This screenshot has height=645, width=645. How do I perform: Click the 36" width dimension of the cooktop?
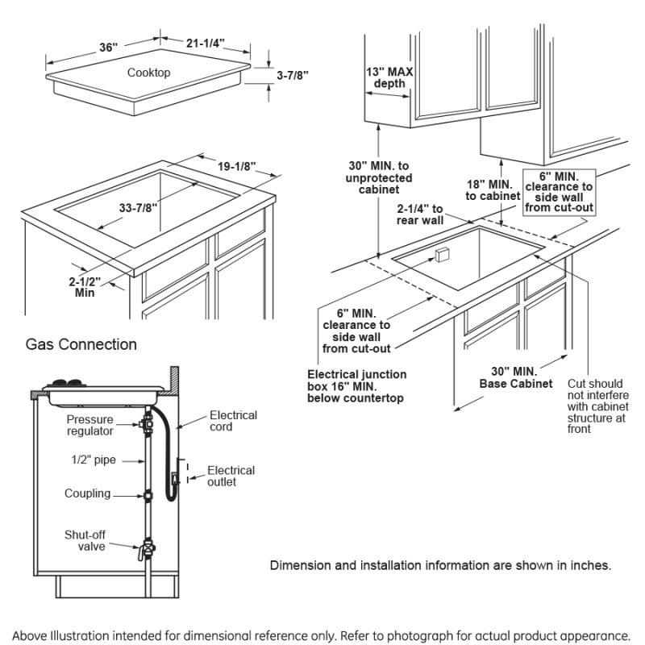point(109,48)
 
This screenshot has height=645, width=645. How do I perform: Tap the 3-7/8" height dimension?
point(293,75)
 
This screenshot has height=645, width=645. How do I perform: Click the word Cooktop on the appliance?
point(148,73)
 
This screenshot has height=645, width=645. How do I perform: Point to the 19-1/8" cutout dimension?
point(236,166)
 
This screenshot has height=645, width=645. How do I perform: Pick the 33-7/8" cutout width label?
point(138,208)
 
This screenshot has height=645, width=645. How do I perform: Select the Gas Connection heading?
point(81,344)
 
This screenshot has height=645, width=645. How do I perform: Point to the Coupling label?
point(88,493)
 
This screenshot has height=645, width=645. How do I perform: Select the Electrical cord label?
point(233,421)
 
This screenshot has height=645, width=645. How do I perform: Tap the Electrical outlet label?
point(231,476)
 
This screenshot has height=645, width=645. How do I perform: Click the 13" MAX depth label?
point(389,77)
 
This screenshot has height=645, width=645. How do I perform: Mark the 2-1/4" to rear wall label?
point(420,214)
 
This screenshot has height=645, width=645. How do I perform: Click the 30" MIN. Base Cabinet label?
point(516,377)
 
